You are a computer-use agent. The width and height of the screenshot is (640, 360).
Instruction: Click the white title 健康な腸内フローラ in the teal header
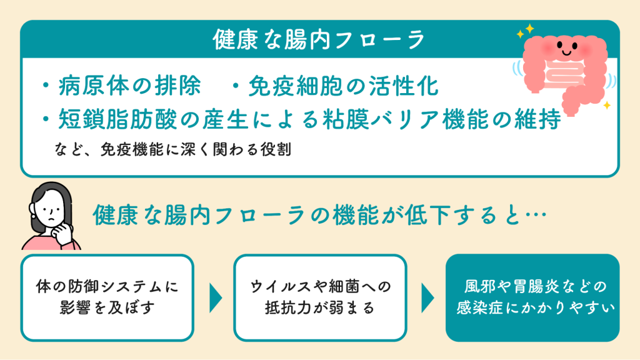(x=319, y=39)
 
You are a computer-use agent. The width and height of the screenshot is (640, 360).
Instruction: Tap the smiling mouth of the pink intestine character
(x=566, y=52)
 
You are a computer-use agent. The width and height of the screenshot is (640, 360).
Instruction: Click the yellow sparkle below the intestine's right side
(x=607, y=105)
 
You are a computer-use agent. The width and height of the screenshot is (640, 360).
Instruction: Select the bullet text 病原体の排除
(x=129, y=86)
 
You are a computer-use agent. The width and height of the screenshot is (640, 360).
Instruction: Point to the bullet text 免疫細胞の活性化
(x=344, y=86)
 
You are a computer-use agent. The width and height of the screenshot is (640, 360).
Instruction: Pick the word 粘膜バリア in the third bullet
(x=382, y=119)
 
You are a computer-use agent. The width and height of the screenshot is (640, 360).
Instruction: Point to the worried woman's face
(x=49, y=210)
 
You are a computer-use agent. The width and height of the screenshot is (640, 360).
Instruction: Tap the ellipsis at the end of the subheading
(x=536, y=215)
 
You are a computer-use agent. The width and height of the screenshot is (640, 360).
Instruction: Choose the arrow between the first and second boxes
(x=216, y=298)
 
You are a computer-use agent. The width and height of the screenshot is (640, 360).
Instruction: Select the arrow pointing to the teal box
(x=427, y=298)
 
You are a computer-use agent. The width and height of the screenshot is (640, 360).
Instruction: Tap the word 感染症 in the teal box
(x=479, y=307)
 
